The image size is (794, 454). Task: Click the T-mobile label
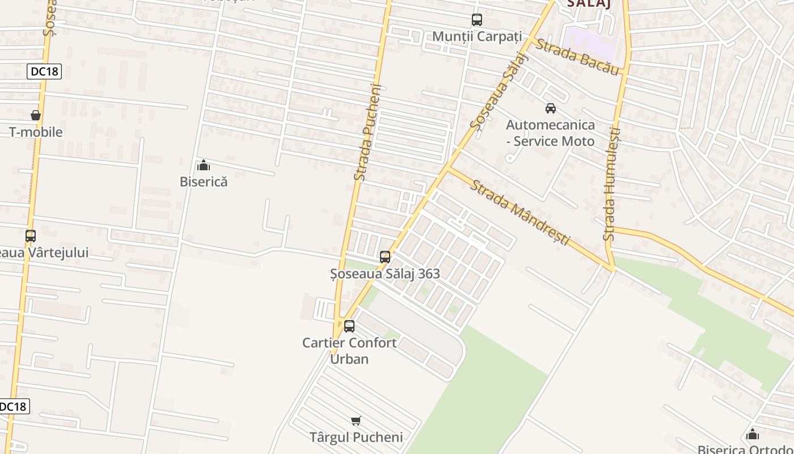[x=36, y=132]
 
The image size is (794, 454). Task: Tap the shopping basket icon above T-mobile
[x=36, y=116]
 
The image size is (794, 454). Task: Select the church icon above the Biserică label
[x=204, y=166]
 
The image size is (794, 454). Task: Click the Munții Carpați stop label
[x=476, y=36]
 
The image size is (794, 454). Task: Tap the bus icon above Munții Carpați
[x=477, y=20]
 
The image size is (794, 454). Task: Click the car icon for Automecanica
[x=550, y=108]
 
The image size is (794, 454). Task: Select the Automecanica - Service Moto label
[x=550, y=133]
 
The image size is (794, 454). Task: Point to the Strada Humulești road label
[x=613, y=184]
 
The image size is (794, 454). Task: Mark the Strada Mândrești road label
[x=520, y=212]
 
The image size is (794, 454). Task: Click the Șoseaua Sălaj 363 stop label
[x=385, y=274]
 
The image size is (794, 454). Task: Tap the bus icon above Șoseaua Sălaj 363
[x=385, y=257]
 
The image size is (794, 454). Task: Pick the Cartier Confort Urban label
[x=349, y=351]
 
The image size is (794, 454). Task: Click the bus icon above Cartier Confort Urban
[x=349, y=326]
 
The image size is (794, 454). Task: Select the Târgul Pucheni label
[x=356, y=437]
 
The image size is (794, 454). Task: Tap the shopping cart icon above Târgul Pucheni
[x=356, y=421]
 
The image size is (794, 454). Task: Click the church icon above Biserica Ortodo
[x=753, y=435]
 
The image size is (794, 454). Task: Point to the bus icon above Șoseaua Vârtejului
[x=31, y=236]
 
